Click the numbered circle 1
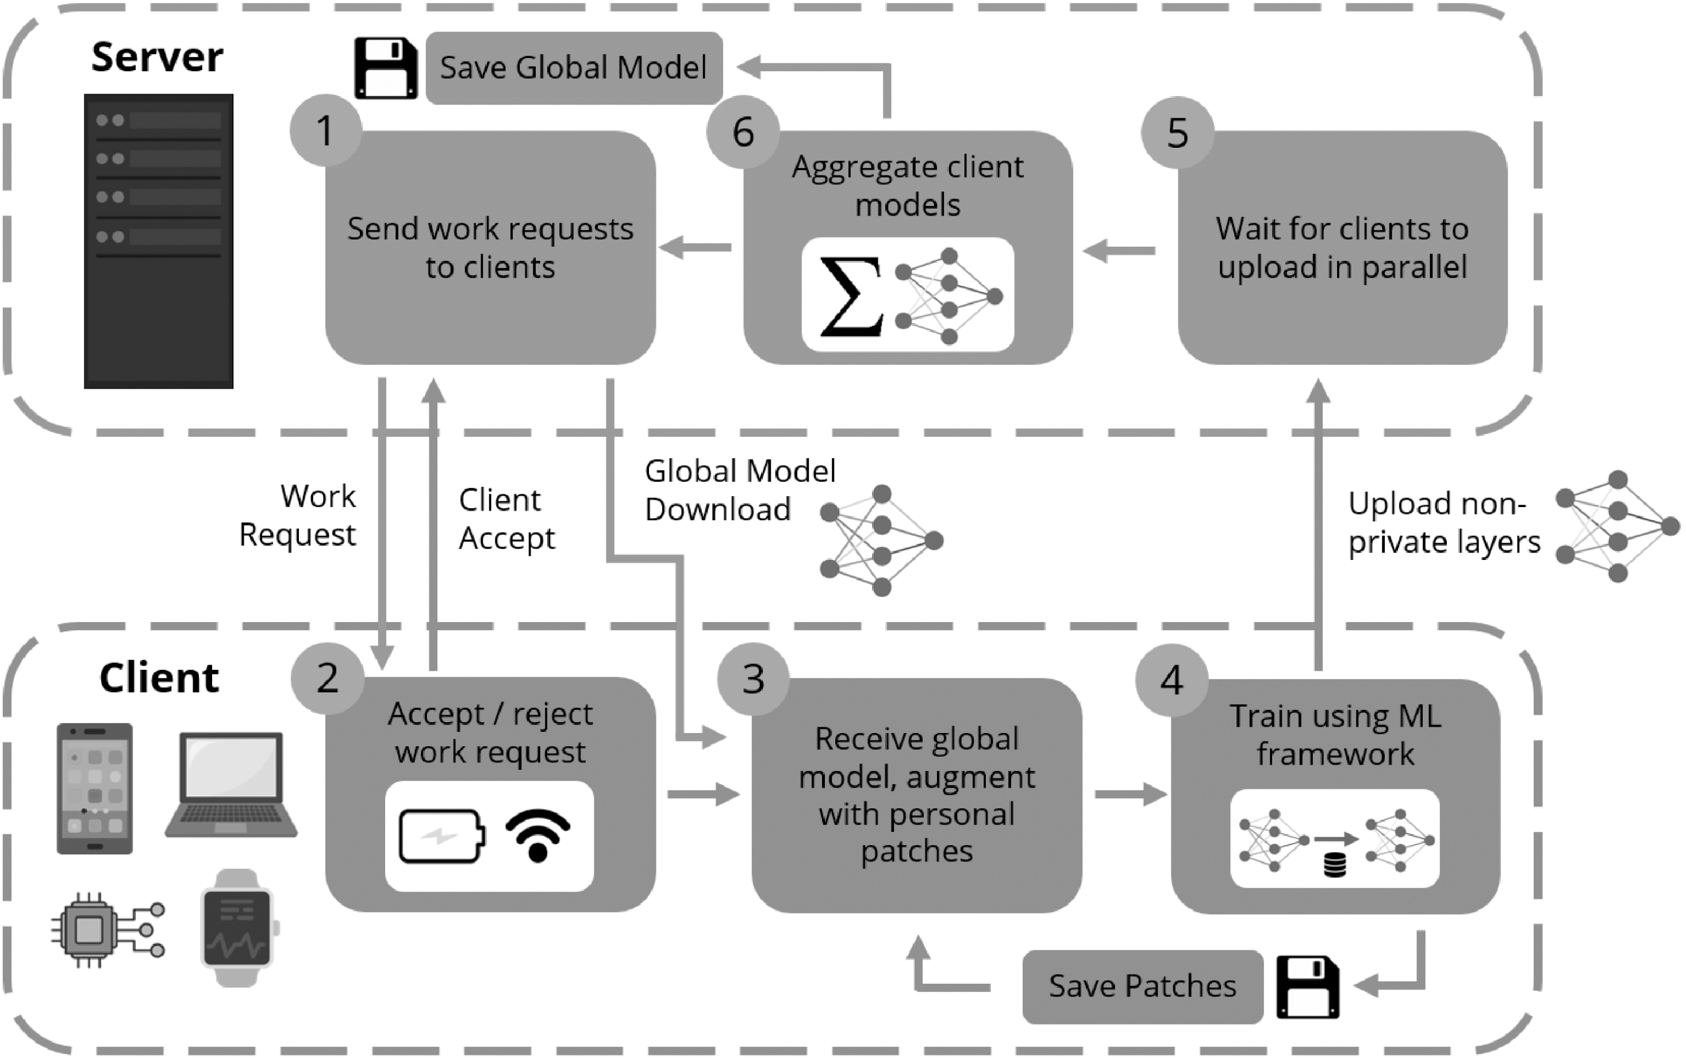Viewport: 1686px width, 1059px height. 325,131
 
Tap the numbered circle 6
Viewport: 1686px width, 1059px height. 743,132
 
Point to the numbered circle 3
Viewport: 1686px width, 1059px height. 754,678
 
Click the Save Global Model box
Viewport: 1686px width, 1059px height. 574,68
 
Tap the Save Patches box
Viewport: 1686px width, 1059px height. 1142,986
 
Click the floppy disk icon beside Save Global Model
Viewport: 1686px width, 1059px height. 386,68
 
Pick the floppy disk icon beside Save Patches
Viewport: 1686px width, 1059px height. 1307,986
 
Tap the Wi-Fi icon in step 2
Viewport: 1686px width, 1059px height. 537,835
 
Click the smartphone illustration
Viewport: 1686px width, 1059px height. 94,789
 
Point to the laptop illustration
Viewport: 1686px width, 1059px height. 232,784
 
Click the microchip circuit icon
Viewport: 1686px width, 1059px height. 106,930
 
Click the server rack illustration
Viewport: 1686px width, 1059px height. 158,241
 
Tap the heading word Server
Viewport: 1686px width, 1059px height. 157,57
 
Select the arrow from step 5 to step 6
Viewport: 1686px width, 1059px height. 1119,250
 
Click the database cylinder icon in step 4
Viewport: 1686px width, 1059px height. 1335,866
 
